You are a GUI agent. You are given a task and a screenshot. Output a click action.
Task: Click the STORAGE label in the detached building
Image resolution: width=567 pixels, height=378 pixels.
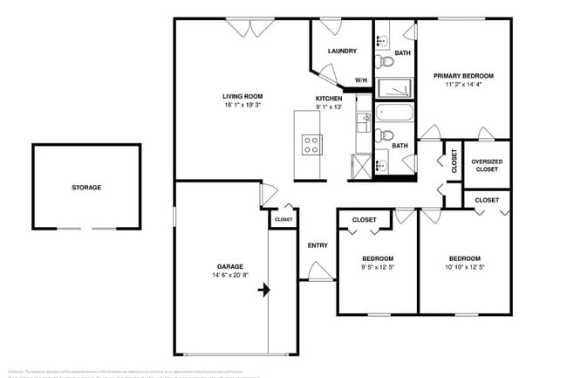click(x=86, y=188)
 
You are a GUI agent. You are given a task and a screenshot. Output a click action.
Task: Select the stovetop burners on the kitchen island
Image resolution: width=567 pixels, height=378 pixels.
click(x=310, y=144)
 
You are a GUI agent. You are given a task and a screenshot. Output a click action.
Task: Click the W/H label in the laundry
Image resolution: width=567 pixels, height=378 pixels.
click(x=360, y=81)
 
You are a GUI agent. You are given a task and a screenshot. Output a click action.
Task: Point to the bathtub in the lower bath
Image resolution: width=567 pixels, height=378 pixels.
click(x=395, y=113)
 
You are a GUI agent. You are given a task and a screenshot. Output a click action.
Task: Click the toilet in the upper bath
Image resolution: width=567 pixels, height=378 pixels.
click(x=385, y=61)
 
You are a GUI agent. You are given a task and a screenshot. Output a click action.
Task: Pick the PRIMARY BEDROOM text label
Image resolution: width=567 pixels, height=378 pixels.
click(x=464, y=77)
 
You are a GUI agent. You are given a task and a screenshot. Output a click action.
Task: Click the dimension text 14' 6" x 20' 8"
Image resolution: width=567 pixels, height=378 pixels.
click(x=230, y=276)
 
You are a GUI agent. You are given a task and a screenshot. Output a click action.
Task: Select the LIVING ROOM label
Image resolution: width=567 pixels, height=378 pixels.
click(x=243, y=97)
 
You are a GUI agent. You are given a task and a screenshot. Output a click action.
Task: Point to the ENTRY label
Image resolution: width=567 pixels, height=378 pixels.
click(x=318, y=245)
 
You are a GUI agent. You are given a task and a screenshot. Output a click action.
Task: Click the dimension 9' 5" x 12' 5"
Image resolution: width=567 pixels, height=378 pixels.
click(x=378, y=268)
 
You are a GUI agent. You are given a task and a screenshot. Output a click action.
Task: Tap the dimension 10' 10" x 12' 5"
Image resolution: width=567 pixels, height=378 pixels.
click(x=464, y=268)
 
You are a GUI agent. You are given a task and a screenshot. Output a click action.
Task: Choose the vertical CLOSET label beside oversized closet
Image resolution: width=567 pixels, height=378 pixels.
click(x=454, y=160)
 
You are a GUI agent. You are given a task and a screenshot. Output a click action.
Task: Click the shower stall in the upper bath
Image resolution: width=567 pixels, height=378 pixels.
click(x=395, y=89)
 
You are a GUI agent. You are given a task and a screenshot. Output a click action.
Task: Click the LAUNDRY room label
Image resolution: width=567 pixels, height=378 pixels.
click(x=342, y=51)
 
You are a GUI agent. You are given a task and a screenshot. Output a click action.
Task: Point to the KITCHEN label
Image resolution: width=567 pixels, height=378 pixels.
click(x=330, y=98)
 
